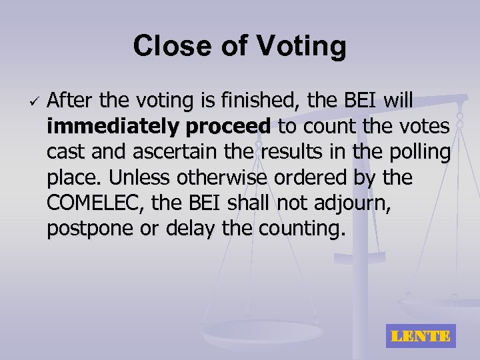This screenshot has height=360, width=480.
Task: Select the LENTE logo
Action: [421, 336]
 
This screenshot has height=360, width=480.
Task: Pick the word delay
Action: [187, 230]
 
